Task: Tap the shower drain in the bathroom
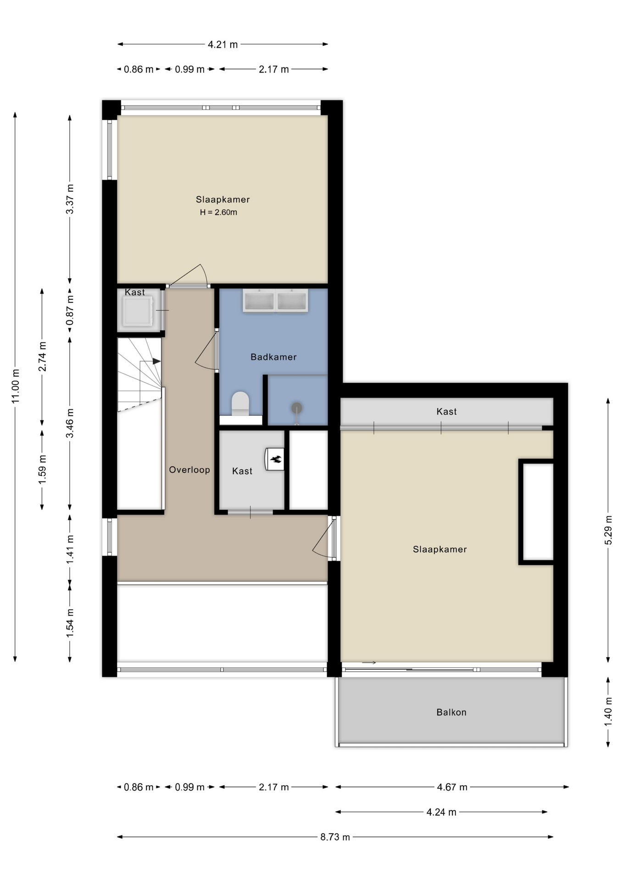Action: (x=297, y=407)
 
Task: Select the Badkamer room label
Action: (x=273, y=357)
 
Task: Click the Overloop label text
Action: (x=189, y=470)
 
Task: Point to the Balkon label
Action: (x=451, y=712)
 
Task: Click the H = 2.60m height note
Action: (x=218, y=212)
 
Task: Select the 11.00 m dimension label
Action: (x=16, y=386)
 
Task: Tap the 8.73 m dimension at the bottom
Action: (x=335, y=837)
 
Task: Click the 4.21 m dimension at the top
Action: (x=223, y=45)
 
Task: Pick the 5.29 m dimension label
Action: (x=608, y=530)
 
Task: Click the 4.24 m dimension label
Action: (x=441, y=812)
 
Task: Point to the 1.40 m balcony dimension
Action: (x=608, y=712)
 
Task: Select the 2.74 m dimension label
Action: (x=42, y=357)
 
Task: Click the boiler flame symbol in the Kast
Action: (x=276, y=458)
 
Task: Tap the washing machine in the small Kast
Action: (x=137, y=311)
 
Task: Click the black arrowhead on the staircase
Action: (x=156, y=361)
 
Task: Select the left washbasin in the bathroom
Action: (x=259, y=301)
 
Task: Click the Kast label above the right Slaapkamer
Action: (x=447, y=412)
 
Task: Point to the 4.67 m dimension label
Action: (x=452, y=787)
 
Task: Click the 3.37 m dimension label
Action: (x=70, y=199)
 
